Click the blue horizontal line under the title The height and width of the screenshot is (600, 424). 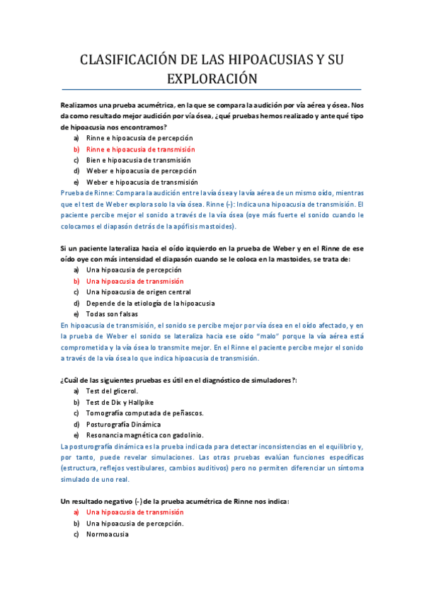coord(212,90)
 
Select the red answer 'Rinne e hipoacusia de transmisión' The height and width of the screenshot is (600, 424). coord(140,149)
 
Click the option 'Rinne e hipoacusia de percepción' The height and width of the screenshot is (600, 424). coord(139,138)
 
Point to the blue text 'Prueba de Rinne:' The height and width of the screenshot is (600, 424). coord(86,192)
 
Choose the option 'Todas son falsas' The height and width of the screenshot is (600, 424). coord(112,313)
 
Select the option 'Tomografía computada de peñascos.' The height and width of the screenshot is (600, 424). coord(144,412)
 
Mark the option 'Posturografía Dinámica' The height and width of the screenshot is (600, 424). coord(124,424)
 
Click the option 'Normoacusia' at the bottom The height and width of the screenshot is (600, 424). coord(107,534)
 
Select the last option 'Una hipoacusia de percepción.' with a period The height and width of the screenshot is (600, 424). coord(134,523)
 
